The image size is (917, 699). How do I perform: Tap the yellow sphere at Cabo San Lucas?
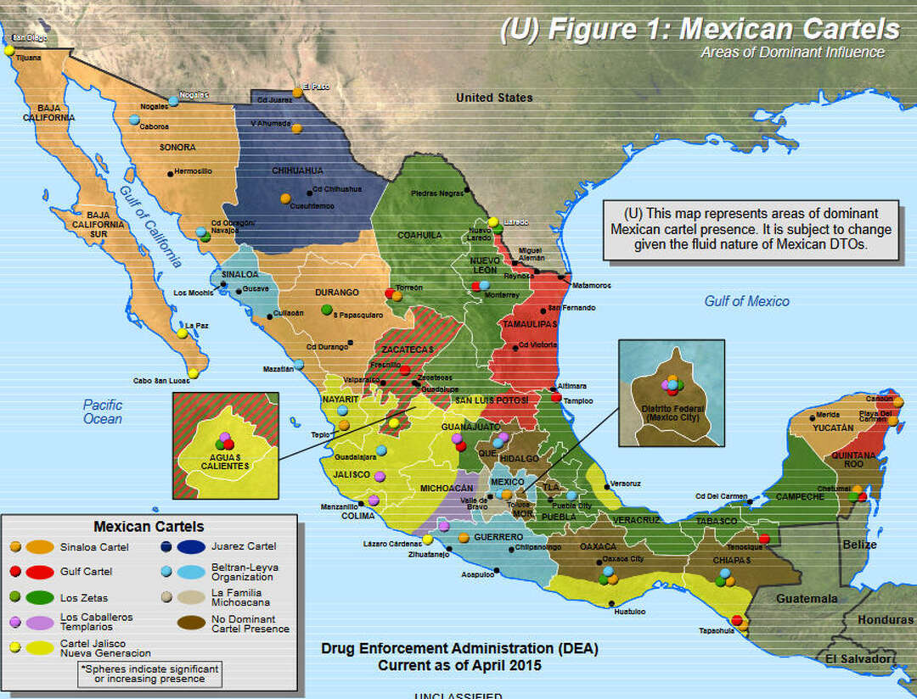194,372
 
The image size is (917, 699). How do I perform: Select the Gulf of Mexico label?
746,301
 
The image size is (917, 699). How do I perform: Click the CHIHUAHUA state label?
297,170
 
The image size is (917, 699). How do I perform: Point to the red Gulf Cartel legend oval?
39,571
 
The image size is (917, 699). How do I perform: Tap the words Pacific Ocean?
103,411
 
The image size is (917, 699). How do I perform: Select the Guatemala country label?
808,598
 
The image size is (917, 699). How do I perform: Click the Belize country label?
859,545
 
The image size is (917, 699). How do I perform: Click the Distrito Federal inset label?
670,413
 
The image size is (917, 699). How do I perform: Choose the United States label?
494,98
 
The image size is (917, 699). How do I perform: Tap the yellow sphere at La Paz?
183,333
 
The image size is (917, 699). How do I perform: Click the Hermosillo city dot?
171,173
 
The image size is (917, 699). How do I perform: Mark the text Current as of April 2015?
459,665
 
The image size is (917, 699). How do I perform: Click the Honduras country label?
885,619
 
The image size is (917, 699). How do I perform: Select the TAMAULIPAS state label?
529,324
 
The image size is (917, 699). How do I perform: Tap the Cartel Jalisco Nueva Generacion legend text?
93,648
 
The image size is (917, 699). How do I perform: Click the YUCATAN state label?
831,428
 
